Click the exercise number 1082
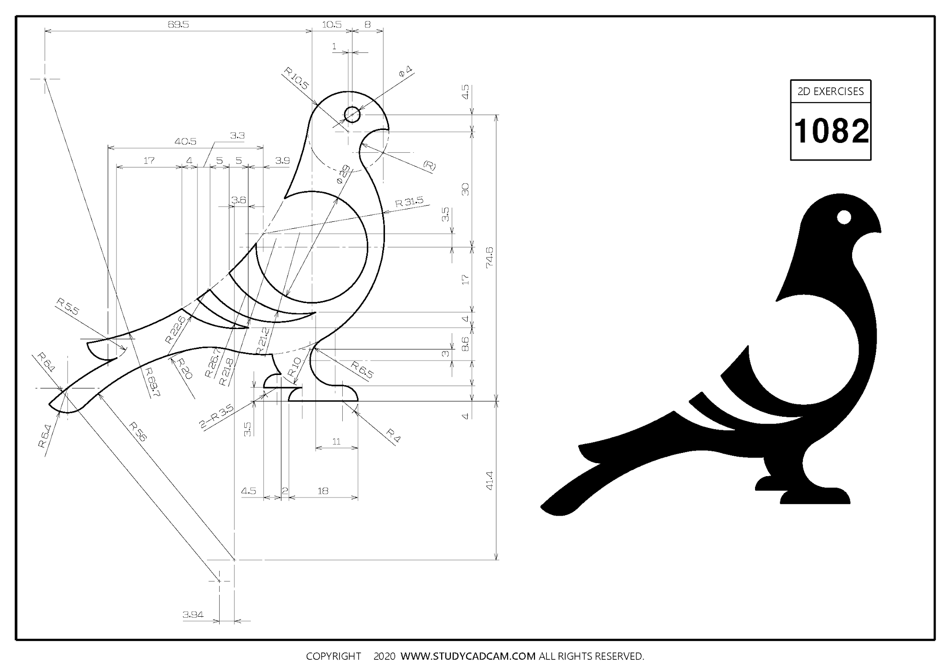831,131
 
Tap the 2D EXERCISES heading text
831,91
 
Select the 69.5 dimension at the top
178,25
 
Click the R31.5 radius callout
409,202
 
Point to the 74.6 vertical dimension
489,257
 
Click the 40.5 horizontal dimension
186,142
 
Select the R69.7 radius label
152,382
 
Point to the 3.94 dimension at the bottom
193,615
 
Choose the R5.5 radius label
68,307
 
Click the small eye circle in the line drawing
352,114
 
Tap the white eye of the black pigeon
844,217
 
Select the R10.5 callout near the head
296,78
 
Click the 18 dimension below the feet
323,491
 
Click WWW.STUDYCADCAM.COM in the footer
468,656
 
